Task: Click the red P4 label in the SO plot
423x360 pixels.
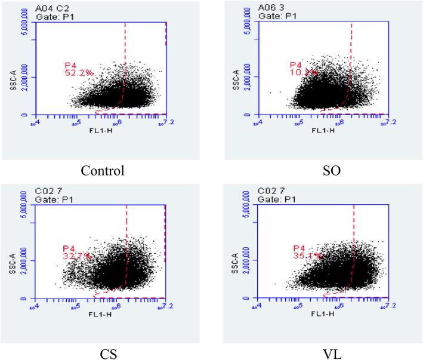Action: pyautogui.click(x=295, y=64)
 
